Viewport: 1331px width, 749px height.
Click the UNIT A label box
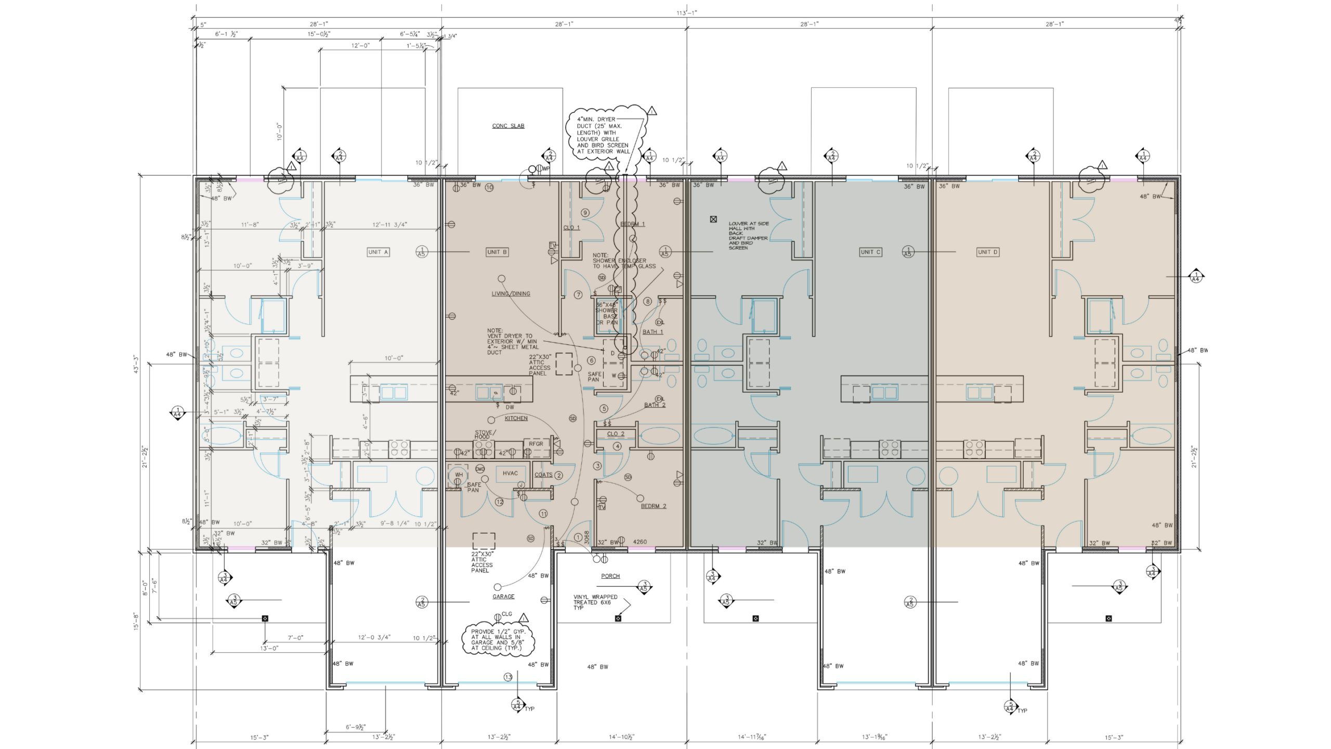tap(378, 252)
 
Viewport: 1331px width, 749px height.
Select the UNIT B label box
tap(497, 252)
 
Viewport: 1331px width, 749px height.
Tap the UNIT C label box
tap(870, 252)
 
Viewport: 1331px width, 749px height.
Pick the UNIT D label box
tap(987, 252)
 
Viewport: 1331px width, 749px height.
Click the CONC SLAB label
tap(508, 126)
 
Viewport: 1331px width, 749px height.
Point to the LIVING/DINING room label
tap(511, 293)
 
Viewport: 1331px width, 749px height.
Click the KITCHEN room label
tap(516, 418)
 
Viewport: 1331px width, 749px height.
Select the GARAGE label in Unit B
tap(503, 597)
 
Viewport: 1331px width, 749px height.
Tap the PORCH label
tap(610, 576)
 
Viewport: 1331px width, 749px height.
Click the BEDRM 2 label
tap(653, 506)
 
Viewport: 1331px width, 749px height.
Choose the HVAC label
tap(510, 473)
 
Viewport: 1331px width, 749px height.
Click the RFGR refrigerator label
tap(536, 444)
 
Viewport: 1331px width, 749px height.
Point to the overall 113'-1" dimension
tap(686, 13)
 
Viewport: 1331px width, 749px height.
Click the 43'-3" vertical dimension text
tap(136, 364)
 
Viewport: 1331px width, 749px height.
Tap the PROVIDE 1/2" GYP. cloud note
tap(498, 640)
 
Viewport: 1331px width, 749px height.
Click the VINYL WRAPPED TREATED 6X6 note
tap(595, 602)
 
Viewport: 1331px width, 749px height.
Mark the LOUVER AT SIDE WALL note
tap(748, 236)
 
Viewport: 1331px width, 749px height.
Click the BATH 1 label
tap(653, 332)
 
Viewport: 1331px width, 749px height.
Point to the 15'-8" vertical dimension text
tap(136, 621)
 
